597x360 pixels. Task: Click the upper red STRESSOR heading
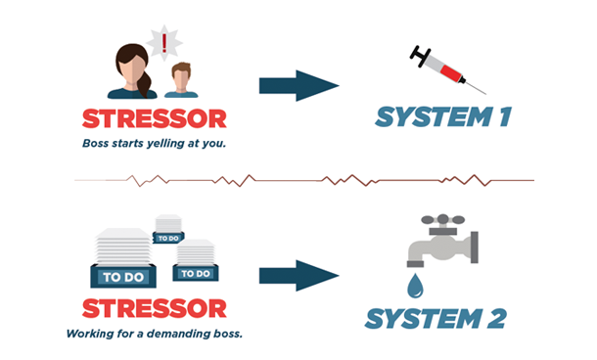[155, 119]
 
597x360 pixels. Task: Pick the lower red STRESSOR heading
[155, 309]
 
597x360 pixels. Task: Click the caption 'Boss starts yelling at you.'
[154, 144]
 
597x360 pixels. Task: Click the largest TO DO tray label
[120, 277]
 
